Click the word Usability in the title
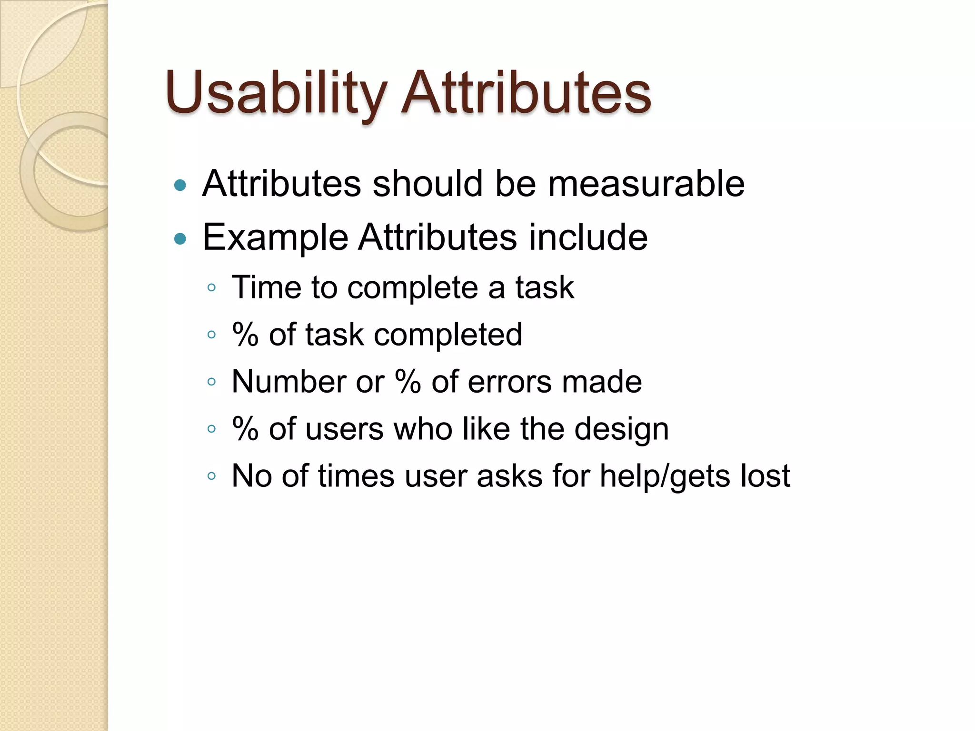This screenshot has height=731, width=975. [276, 93]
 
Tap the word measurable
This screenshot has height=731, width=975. [646, 184]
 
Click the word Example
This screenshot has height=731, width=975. [275, 237]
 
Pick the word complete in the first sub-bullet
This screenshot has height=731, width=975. [412, 288]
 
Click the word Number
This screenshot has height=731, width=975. [289, 382]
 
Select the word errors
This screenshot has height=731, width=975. [510, 382]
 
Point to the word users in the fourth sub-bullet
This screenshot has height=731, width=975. [344, 429]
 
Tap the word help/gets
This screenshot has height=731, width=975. [664, 476]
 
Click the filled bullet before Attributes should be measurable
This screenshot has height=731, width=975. [180, 185]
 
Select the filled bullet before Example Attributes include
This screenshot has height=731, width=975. [180, 238]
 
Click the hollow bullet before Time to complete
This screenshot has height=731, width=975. [212, 287]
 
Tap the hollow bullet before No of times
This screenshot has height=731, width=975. [212, 475]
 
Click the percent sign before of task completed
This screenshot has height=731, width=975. [245, 334]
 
